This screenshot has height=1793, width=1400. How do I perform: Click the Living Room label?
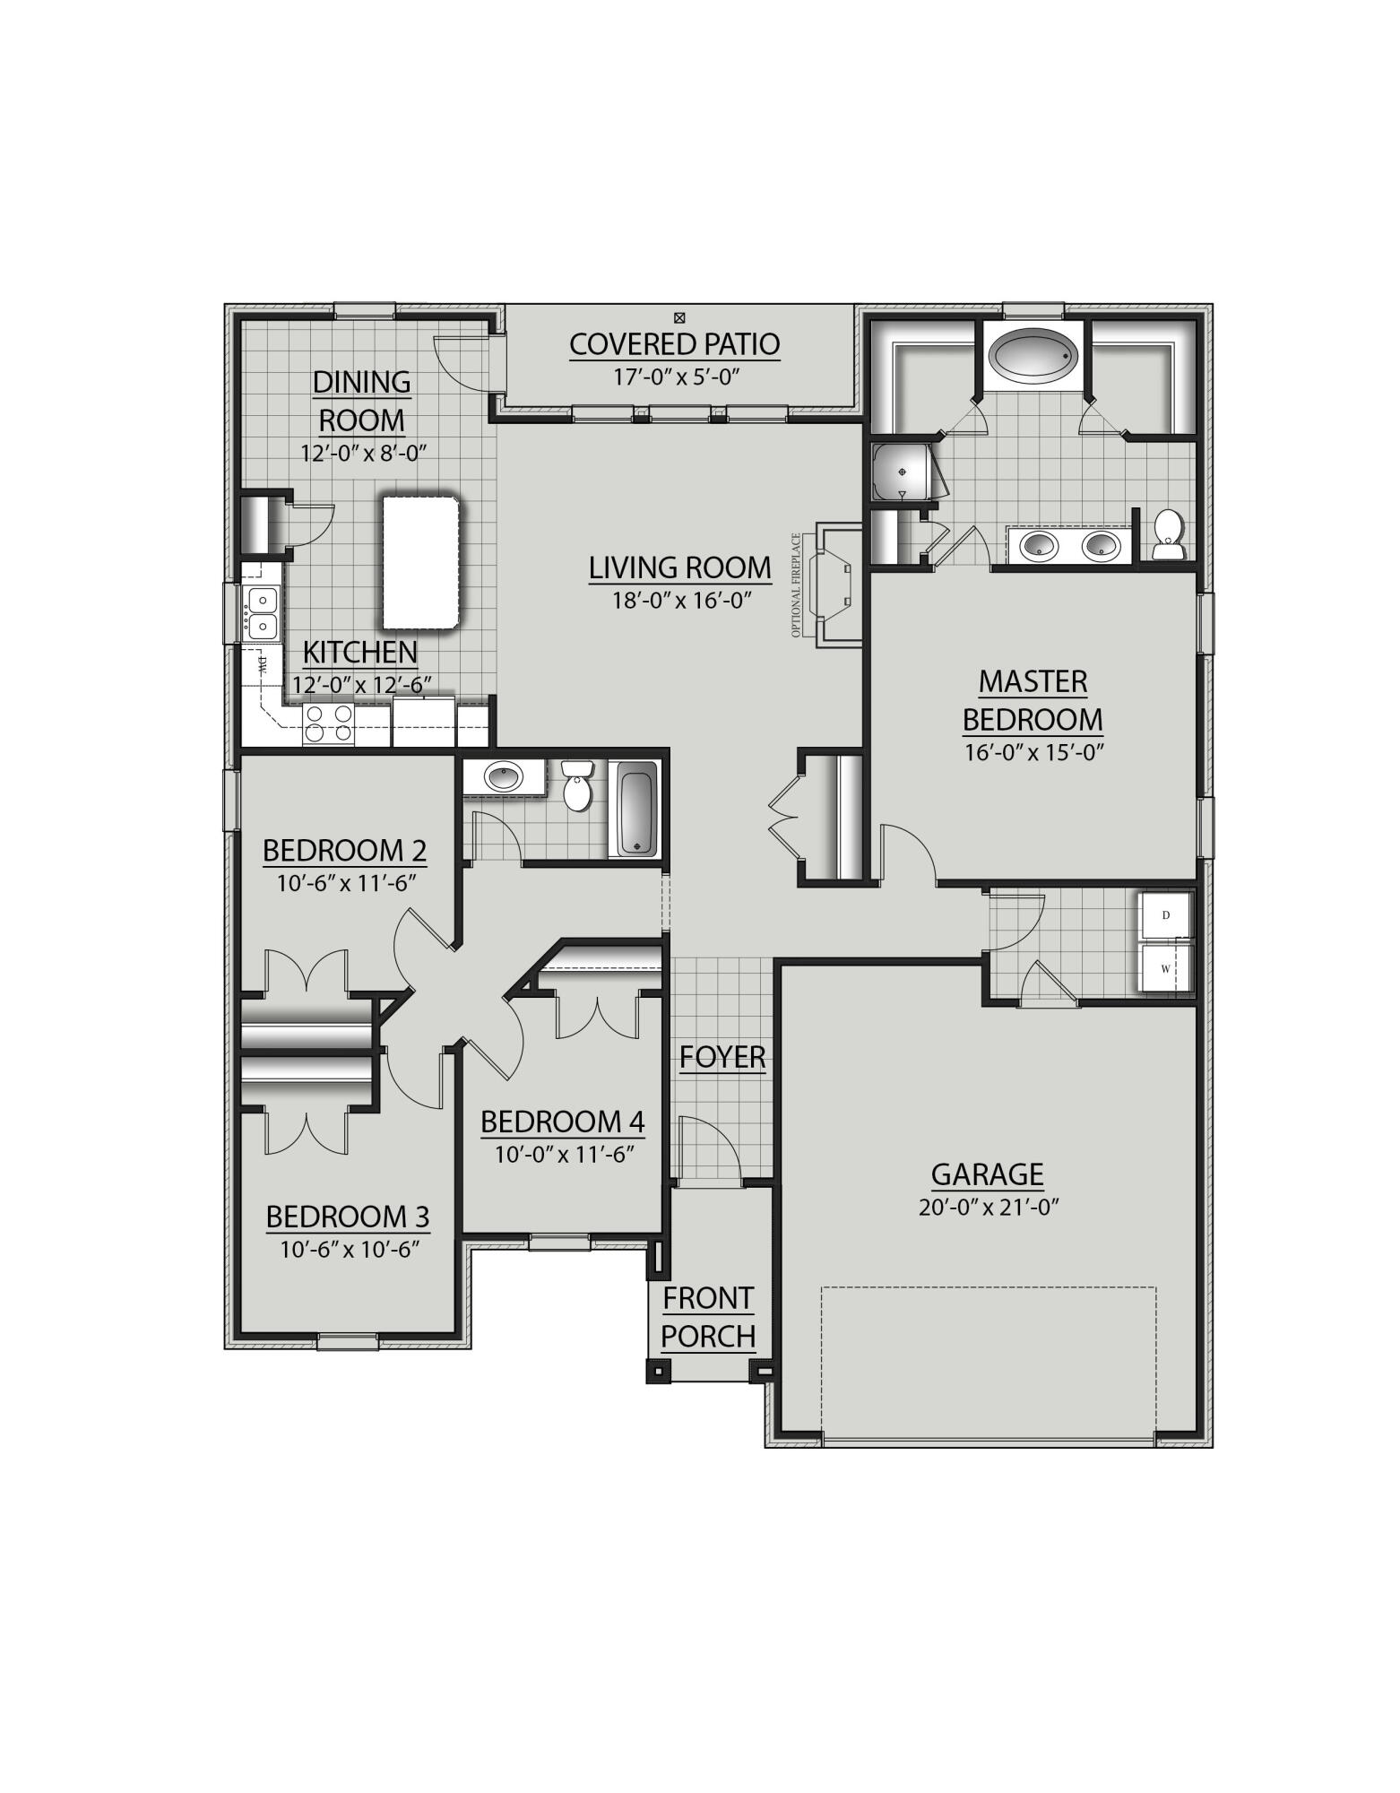679,567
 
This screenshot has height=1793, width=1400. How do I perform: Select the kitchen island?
421,562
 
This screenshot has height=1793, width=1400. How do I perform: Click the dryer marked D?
1166,915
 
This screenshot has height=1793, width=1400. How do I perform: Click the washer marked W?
1166,969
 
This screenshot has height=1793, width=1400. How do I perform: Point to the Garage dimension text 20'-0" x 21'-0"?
989,1208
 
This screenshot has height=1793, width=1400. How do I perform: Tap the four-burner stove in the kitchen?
328,724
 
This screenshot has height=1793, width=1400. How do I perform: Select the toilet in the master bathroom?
1167,534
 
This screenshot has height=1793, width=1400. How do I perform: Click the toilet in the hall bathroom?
578,787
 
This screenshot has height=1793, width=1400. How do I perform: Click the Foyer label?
722,1057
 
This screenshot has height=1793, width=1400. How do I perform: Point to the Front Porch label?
708,1317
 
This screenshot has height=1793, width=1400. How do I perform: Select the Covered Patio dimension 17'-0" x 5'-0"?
675,377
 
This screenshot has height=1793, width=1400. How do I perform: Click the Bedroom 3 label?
348,1217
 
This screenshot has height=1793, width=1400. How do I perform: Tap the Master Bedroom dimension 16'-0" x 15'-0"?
1033,752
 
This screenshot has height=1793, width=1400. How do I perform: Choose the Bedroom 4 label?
563,1122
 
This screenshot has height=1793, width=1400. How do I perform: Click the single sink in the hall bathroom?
504,776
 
